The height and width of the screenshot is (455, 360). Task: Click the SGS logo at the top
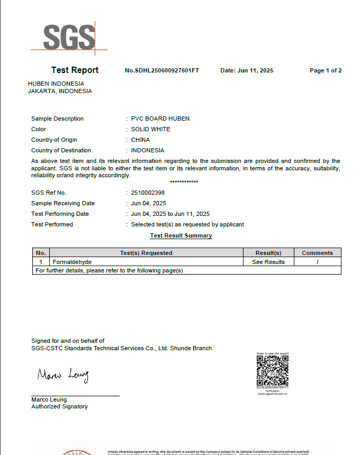[x=69, y=37]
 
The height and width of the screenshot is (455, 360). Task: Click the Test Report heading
[x=75, y=70]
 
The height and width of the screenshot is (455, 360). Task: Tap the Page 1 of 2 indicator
[x=326, y=71]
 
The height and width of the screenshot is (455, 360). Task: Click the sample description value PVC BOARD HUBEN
[x=160, y=119]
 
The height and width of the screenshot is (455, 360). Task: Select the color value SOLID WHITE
[x=150, y=129]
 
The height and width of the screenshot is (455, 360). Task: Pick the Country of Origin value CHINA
[x=140, y=140]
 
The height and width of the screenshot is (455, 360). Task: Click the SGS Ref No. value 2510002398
[x=148, y=193]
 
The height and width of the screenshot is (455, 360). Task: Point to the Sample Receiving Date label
[x=63, y=203]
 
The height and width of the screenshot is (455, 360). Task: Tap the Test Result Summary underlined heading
[x=181, y=235]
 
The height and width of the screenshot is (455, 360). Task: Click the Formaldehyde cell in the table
[x=68, y=262]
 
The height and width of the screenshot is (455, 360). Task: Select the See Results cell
[x=268, y=262]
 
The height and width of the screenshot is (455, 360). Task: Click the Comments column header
[x=317, y=253]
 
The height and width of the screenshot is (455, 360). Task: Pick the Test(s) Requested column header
[x=146, y=253]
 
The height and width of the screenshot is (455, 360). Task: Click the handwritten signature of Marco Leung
[x=63, y=375]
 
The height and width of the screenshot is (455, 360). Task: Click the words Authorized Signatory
[x=59, y=406]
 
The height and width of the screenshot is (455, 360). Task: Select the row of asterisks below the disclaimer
[x=184, y=182]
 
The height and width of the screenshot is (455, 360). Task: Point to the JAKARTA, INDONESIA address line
[x=60, y=91]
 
